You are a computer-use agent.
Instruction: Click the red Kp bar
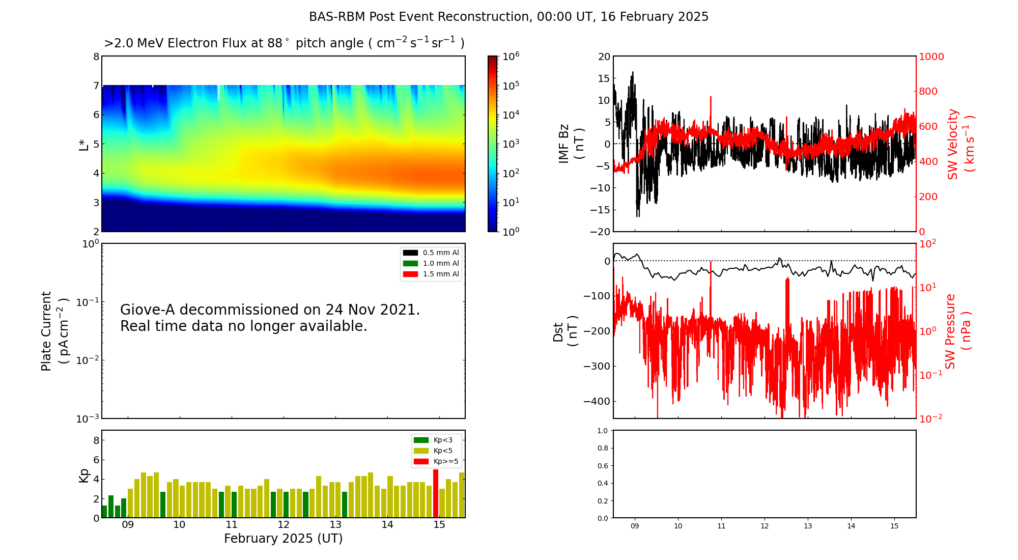436,493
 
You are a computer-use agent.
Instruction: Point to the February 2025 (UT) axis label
283,539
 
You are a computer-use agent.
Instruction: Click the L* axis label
84,144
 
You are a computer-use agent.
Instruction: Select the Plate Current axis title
54,331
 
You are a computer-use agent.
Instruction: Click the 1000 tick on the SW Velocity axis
931,57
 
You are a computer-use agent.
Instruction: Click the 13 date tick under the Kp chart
335,525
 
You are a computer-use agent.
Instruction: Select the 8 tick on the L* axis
96,57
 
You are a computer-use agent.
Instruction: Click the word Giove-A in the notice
148,310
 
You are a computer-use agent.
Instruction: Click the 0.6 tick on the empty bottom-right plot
602,466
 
